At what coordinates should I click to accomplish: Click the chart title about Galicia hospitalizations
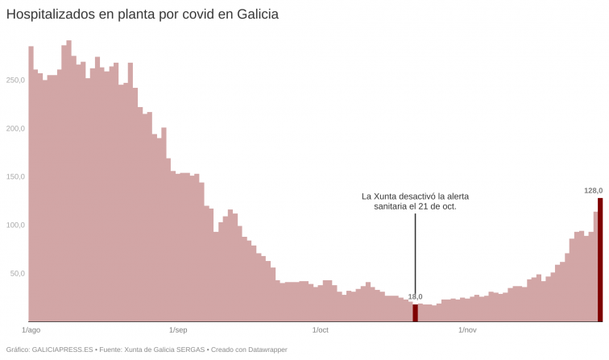pyautogui.click(x=143, y=15)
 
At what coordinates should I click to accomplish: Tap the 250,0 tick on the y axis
pyautogui.click(x=16, y=80)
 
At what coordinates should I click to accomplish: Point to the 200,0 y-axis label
pyautogui.click(x=16, y=128)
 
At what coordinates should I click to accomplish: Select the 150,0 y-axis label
pyautogui.click(x=16, y=176)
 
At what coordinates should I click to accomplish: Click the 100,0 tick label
pyautogui.click(x=16, y=225)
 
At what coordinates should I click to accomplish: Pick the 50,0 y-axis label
pyautogui.click(x=18, y=273)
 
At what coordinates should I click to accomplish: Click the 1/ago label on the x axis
pyautogui.click(x=31, y=330)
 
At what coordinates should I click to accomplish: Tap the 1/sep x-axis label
pyautogui.click(x=178, y=330)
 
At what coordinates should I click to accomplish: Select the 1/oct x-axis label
pyautogui.click(x=320, y=330)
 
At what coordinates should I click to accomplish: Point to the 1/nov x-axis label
pyautogui.click(x=467, y=330)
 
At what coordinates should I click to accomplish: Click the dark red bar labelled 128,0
pyautogui.click(x=600, y=259)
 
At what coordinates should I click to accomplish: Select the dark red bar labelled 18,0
pyautogui.click(x=416, y=312)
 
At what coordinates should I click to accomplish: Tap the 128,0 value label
pyautogui.click(x=593, y=191)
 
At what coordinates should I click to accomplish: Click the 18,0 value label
pyautogui.click(x=416, y=297)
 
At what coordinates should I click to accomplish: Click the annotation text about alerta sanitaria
pyautogui.click(x=416, y=201)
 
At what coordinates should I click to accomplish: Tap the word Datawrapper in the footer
pyautogui.click(x=267, y=350)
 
